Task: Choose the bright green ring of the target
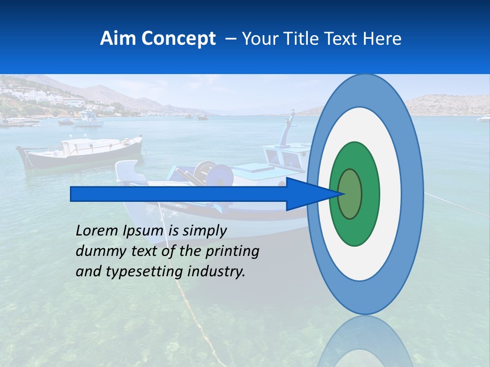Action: coord(370,194)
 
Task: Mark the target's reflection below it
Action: coord(365,342)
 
